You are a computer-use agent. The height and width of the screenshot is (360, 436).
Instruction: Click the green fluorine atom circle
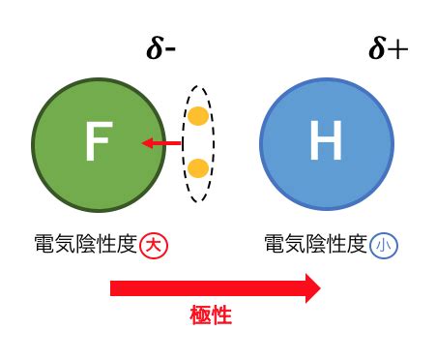pyautogui.click(x=99, y=145)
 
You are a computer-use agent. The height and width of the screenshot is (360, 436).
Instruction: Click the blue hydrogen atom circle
pyautogui.click(x=327, y=144)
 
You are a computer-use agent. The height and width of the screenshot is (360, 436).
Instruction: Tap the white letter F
pyautogui.click(x=99, y=141)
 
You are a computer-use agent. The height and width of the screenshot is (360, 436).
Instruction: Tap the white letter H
pyautogui.click(x=326, y=140)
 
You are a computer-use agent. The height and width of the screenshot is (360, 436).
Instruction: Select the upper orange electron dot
pyautogui.click(x=198, y=116)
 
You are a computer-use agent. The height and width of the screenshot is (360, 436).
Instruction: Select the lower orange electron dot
pyautogui.click(x=198, y=168)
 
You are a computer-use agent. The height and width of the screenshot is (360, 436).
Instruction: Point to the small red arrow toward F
pyautogui.click(x=161, y=143)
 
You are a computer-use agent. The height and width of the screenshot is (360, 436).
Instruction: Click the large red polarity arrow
pyautogui.click(x=216, y=288)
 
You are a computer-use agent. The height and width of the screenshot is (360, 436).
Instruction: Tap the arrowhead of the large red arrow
pyautogui.click(x=313, y=288)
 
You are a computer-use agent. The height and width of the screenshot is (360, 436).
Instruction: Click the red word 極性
pyautogui.click(x=211, y=315)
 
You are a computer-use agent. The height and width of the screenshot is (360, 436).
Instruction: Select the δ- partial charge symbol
pyautogui.click(x=160, y=49)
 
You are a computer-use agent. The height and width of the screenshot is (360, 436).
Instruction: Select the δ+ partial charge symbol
pyautogui.click(x=389, y=48)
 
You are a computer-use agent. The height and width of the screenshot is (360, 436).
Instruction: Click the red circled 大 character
pyautogui.click(x=154, y=246)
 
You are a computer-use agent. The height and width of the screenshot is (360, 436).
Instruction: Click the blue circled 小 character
pyautogui.click(x=384, y=246)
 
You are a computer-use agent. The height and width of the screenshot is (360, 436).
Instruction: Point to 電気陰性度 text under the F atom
pyautogui.click(x=86, y=244)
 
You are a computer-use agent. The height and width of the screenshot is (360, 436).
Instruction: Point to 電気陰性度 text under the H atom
pyautogui.click(x=316, y=244)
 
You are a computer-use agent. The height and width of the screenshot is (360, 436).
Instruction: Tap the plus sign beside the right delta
pyautogui.click(x=398, y=49)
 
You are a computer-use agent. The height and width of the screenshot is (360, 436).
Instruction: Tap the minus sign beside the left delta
pyautogui.click(x=170, y=50)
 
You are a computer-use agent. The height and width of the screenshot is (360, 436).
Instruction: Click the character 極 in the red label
pyautogui.click(x=200, y=315)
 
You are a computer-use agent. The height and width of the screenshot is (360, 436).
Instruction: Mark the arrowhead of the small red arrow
pyautogui.click(x=147, y=143)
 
